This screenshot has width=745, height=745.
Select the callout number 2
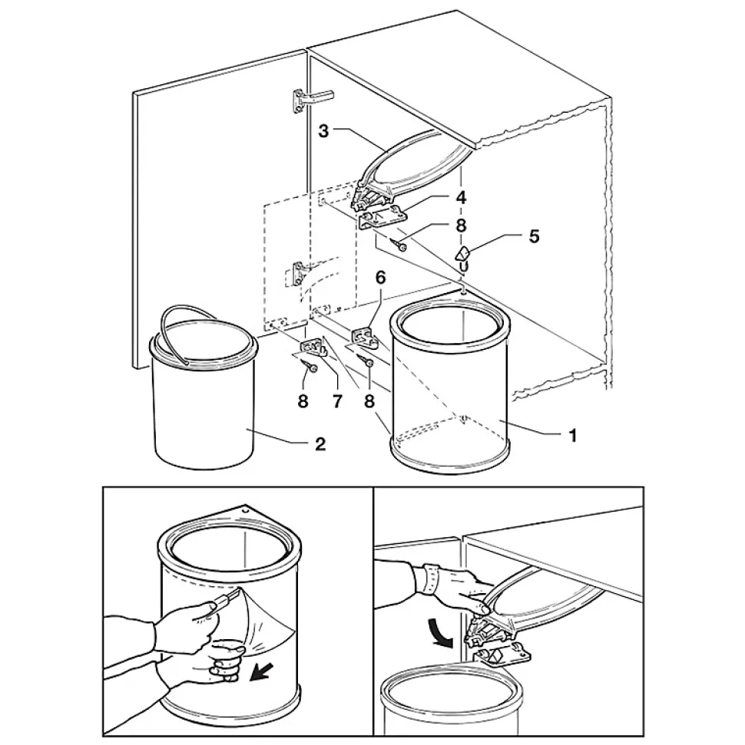[320, 444]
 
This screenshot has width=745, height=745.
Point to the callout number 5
[533, 235]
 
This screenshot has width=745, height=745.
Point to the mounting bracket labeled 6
[364, 336]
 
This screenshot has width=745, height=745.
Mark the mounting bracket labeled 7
[312, 349]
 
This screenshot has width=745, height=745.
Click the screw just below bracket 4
[399, 245]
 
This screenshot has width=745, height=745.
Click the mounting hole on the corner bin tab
[243, 508]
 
